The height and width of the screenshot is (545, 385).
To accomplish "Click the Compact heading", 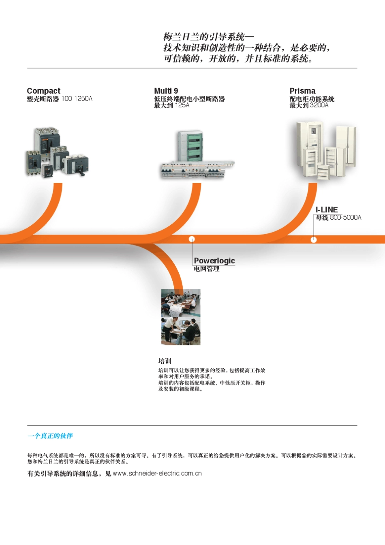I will (x=43, y=91).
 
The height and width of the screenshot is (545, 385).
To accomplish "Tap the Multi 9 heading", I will (x=166, y=91).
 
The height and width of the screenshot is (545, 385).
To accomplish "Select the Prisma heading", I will (x=302, y=91).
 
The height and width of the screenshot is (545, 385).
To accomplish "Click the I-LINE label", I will (x=327, y=209).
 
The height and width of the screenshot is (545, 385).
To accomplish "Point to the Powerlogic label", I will (x=214, y=261).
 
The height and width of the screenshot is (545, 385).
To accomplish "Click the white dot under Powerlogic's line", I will (x=192, y=239).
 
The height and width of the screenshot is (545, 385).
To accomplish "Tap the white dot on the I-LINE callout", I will (x=314, y=239).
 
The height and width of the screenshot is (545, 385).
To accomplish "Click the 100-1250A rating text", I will (x=77, y=98).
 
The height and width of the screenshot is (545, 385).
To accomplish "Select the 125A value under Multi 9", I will (x=182, y=105).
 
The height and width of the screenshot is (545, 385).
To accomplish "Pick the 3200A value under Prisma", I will (x=319, y=105).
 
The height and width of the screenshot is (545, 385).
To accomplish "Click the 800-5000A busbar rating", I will (x=345, y=218).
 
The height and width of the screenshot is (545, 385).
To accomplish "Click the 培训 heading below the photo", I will (x=165, y=361).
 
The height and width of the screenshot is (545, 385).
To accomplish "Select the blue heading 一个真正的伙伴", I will (x=50, y=436).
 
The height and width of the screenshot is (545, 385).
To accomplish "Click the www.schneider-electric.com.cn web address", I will (x=157, y=473).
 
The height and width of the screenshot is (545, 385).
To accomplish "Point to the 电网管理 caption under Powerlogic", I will (x=207, y=269).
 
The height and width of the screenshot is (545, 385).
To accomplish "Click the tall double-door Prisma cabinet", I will (x=346, y=146).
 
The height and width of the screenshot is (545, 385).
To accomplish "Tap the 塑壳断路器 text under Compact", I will (x=43, y=98).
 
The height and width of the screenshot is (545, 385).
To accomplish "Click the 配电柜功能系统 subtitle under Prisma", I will (x=312, y=99).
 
